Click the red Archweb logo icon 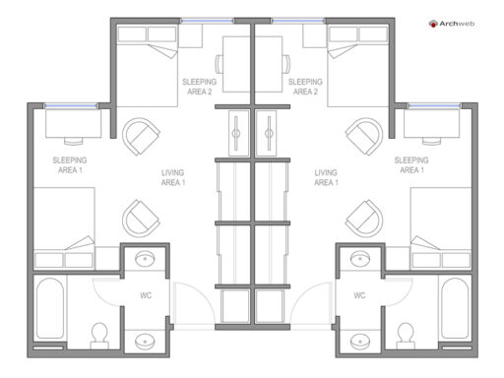[x=433, y=24]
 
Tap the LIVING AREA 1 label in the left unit [x=173, y=177]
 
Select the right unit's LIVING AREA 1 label [x=326, y=177]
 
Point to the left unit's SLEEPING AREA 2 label [x=200, y=87]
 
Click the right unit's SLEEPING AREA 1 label [x=411, y=165]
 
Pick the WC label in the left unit [x=146, y=295]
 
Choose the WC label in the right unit [x=359, y=295]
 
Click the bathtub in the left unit [x=50, y=309]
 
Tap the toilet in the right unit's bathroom [x=406, y=336]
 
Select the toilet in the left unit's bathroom [x=99, y=336]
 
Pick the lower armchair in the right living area [x=364, y=219]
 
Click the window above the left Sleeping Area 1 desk [x=71, y=105]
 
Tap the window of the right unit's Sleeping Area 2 [x=298, y=21]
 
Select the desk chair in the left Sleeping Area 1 [x=74, y=141]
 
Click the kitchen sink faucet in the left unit [x=236, y=133]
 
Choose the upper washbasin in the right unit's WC [x=360, y=259]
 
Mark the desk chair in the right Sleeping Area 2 [x=286, y=64]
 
